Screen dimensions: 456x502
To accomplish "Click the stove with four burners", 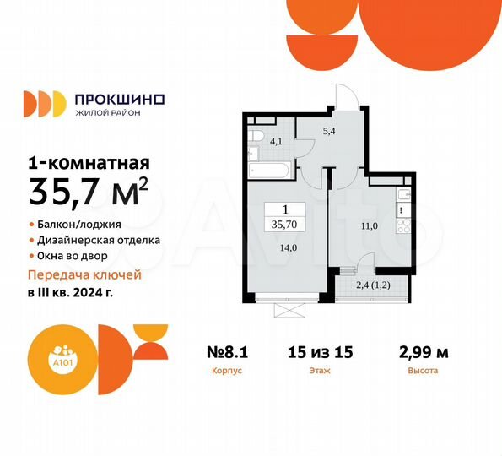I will click(404, 226).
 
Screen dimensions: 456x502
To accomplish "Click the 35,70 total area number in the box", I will click(284, 225).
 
